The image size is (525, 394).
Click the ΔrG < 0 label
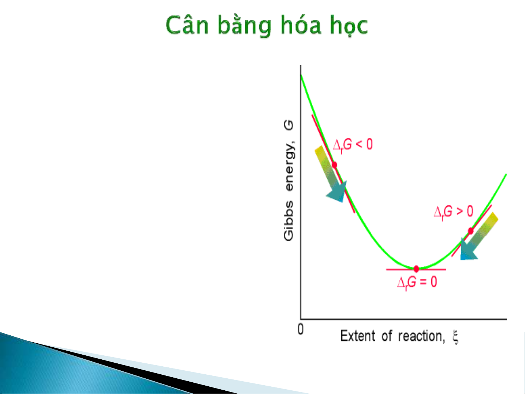tap(353, 145)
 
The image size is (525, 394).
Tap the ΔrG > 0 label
tap(454, 212)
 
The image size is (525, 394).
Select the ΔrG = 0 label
tap(417, 282)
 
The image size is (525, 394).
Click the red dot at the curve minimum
tap(416, 269)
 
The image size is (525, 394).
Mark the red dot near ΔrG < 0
tap(334, 165)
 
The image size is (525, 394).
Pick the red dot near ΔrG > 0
tap(471, 231)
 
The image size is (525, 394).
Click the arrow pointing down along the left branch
tap(331, 174)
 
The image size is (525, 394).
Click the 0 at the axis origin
tap(301, 329)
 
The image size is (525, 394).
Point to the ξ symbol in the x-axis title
tap(455, 337)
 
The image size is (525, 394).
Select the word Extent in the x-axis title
tap(358, 336)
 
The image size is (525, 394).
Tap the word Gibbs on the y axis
tap(289, 221)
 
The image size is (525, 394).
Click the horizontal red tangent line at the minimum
tap(416, 269)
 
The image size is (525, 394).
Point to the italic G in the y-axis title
tap(289, 125)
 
